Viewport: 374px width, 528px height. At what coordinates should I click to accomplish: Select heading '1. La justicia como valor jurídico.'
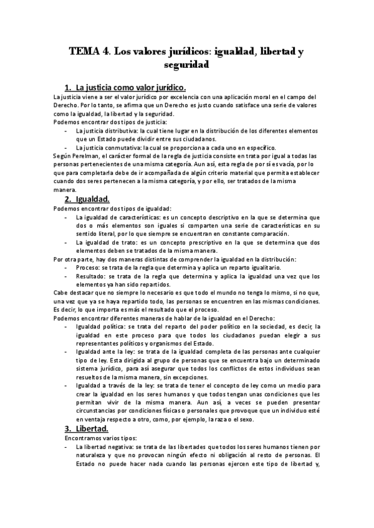pyautogui.click(x=125, y=87)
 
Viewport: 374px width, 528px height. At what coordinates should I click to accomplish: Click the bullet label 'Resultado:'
pyautogui.click(x=91, y=276)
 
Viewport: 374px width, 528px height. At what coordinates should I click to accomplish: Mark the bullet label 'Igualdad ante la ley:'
pyautogui.click(x=104, y=352)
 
